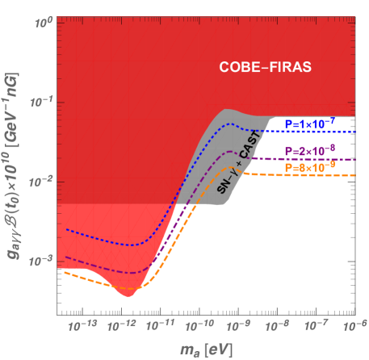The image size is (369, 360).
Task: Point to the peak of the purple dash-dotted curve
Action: pyautogui.click(x=234, y=151)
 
